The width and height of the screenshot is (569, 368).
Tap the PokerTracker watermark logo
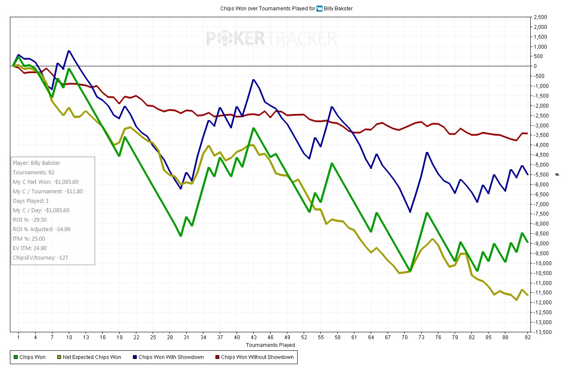tap(271, 38)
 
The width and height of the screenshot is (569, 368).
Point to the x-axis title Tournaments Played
tap(270, 345)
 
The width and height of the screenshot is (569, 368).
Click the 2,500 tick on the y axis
tap(540, 17)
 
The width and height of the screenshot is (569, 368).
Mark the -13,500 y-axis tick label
tap(538, 332)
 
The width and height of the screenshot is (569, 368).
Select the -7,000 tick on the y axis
tap(540, 204)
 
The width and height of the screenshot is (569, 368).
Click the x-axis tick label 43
tap(254, 338)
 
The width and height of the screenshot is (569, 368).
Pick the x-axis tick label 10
tap(69, 338)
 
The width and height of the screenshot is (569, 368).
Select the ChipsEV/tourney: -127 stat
tap(40, 258)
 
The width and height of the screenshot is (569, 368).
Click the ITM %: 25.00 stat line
tap(29, 239)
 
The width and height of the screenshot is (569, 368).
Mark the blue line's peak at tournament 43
tap(254, 80)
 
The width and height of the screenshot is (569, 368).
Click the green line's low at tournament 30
tap(181, 236)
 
